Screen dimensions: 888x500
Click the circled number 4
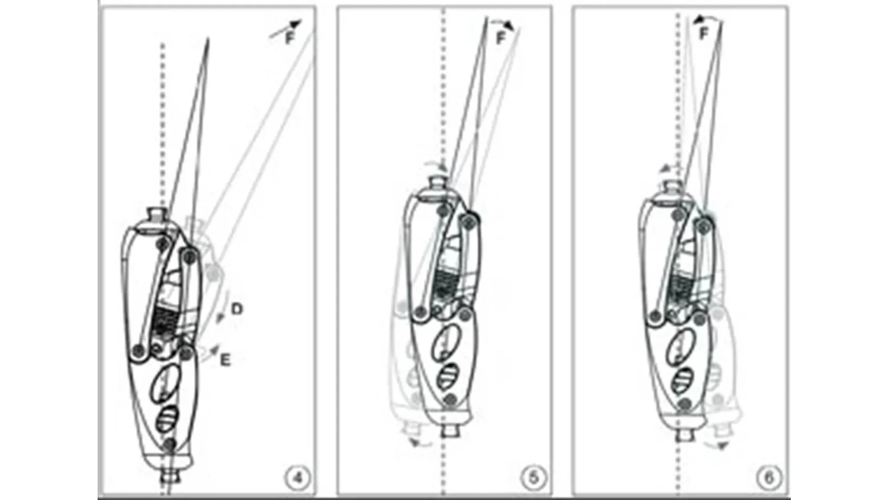click(x=298, y=477)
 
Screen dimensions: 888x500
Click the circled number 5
click(x=533, y=477)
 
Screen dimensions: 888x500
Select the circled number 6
click(x=769, y=477)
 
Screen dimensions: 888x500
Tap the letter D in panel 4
click(x=236, y=309)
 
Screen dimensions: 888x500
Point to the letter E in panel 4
click(x=225, y=360)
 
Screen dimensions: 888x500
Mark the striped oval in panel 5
click(x=448, y=377)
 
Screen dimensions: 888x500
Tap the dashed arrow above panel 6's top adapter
click(x=670, y=168)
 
